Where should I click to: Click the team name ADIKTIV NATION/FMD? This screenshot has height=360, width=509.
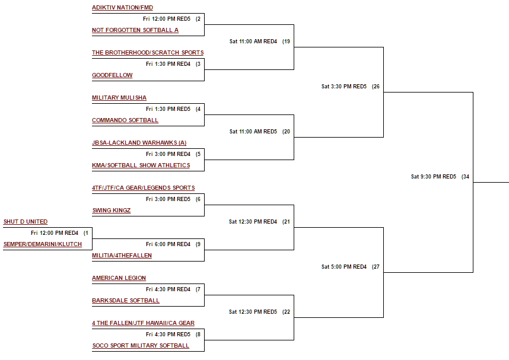coord(122,8)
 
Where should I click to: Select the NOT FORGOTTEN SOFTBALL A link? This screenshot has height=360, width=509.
coord(135,30)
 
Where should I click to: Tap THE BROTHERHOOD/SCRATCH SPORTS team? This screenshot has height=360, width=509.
coord(148,53)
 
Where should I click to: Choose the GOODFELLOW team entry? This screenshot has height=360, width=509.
coord(112,75)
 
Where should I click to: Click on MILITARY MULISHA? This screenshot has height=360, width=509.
coord(119,98)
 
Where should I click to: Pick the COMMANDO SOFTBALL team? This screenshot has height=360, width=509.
coord(125,120)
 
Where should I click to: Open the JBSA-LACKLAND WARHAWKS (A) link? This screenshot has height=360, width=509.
coord(139,143)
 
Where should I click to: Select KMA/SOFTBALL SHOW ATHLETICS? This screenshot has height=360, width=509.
coord(141,165)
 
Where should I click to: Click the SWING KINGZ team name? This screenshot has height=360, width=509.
coord(112,211)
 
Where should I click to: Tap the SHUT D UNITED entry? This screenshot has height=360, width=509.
coord(26,222)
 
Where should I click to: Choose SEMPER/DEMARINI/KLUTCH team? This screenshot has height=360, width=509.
coord(43,244)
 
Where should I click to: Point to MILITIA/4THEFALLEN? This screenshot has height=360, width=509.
coord(122,256)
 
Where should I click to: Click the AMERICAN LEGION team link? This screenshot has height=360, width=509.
coord(119,278)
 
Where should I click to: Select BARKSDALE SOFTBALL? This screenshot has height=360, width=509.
coord(126,301)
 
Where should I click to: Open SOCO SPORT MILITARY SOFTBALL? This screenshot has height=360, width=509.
coord(141,346)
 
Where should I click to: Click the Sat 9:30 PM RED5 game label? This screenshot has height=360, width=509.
coord(434,177)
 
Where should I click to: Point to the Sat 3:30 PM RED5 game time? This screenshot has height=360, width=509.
coord(344,87)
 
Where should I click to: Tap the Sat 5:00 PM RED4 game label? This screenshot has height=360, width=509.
coord(344,267)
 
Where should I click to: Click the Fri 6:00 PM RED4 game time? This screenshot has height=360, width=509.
coord(168,244)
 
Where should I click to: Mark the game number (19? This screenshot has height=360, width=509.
coord(287,42)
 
